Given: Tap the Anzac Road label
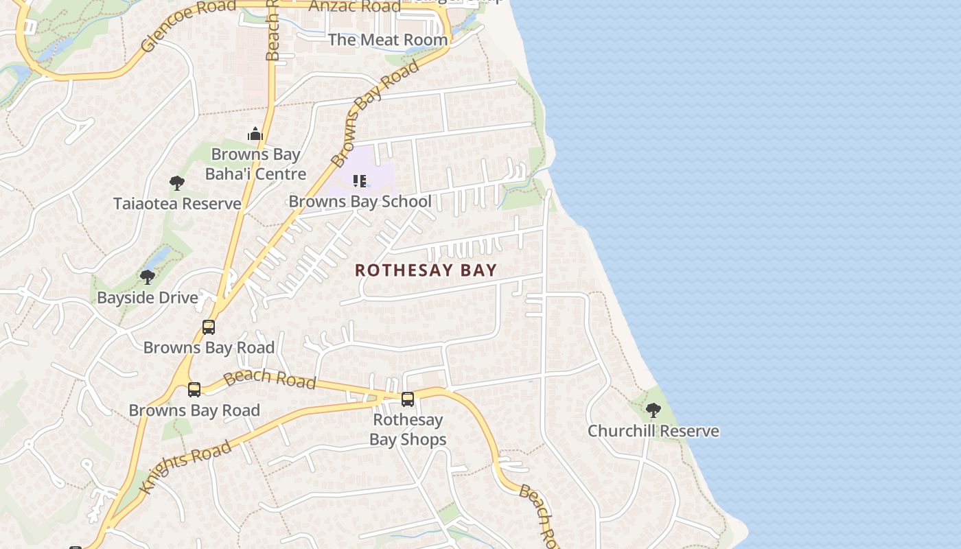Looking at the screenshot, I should coord(355,6).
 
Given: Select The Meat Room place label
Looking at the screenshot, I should coord(388,40).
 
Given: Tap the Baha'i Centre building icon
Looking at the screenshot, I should coord(255,134).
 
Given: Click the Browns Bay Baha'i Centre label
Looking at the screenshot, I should coord(255,164).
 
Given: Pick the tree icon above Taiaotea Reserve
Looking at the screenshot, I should coord(177,183).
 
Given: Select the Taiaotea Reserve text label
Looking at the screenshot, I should coord(177,204).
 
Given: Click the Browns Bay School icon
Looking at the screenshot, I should coord(360,181).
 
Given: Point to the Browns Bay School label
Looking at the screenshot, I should coord(360,202).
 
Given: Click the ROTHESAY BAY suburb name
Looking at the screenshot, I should coord(426,270).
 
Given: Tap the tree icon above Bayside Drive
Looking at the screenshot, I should coord(147,277).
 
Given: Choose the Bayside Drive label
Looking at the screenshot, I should coord(148,298).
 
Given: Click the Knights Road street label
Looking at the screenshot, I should coord(186,467).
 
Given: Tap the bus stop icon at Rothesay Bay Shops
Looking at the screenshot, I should coord(408,399).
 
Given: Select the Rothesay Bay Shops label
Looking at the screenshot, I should coord(408,430).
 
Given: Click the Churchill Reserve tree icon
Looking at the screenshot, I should coord(653,410).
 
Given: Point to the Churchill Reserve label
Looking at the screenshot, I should coord(653,431).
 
